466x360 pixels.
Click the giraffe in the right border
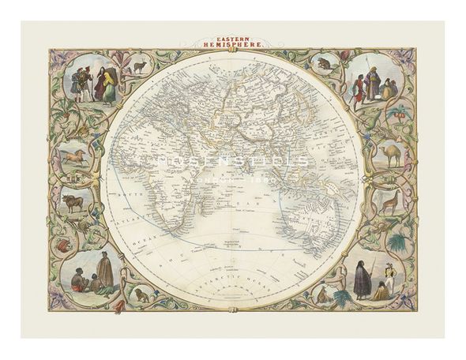[x=387, y=202]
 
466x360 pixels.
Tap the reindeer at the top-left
[x=140, y=68]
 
